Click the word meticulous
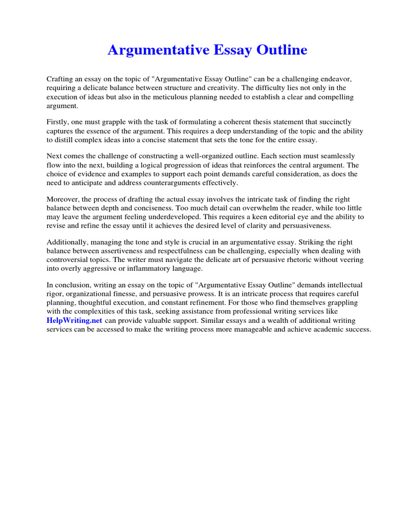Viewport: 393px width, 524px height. [187, 97]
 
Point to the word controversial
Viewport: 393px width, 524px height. [67, 259]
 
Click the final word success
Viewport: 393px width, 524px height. [358, 329]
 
